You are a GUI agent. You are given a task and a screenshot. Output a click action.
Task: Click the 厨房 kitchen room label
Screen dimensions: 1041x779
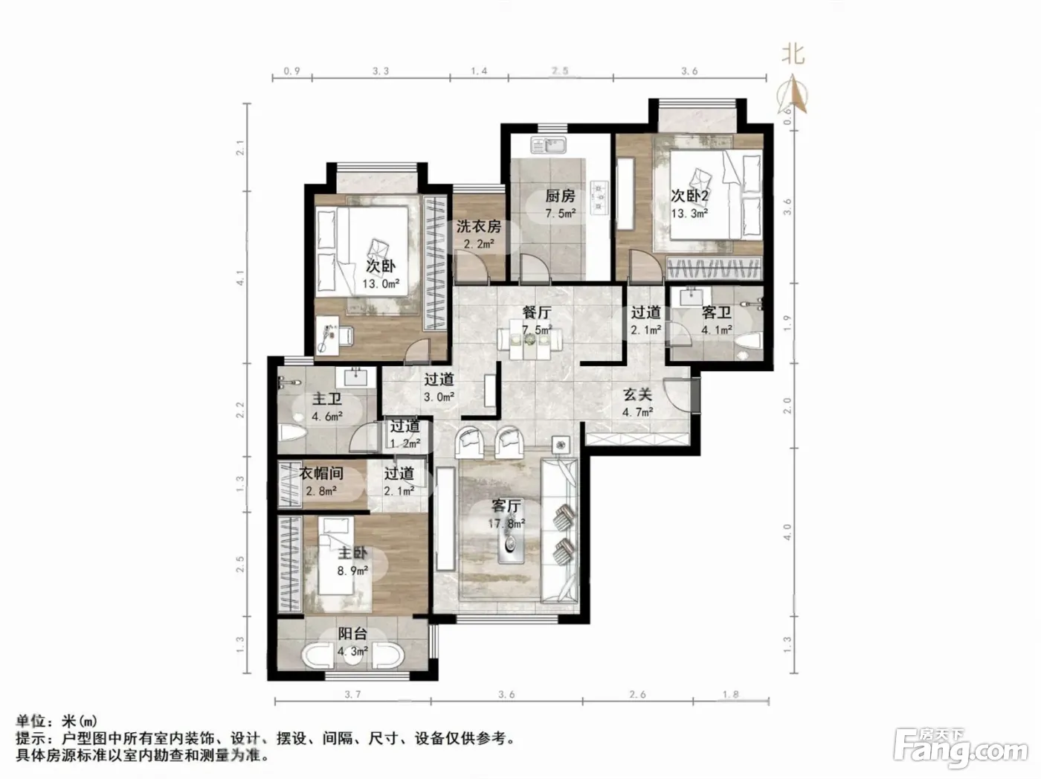tap(560, 196)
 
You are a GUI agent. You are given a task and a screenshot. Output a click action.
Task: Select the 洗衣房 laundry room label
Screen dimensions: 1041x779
tap(479, 226)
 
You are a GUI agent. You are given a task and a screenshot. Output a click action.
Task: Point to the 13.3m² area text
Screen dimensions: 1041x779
tap(689, 213)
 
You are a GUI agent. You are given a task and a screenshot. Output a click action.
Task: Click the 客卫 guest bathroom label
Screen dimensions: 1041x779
tap(716, 312)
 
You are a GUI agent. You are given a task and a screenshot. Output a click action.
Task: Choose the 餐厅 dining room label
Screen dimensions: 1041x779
tap(536, 312)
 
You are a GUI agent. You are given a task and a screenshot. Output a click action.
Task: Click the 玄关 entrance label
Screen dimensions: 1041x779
tap(637, 395)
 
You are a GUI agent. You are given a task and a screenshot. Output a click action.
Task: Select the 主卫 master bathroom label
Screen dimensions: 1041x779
tap(326, 399)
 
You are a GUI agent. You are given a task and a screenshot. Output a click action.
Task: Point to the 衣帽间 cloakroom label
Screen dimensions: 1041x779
tap(321, 473)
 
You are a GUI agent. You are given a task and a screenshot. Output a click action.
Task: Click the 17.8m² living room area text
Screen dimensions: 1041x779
tap(506, 524)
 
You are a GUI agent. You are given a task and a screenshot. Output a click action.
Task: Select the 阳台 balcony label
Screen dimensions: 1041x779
tap(352, 634)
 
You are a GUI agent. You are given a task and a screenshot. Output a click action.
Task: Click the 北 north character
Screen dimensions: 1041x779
tap(793, 54)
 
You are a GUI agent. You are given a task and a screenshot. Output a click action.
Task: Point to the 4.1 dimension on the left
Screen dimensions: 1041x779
tap(240, 278)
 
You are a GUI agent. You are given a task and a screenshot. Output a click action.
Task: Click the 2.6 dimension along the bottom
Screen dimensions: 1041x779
tap(637, 695)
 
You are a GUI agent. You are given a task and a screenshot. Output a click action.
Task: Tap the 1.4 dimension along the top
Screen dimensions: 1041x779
tap(479, 71)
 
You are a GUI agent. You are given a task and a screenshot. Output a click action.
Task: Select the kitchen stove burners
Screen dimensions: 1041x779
tap(599, 196)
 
